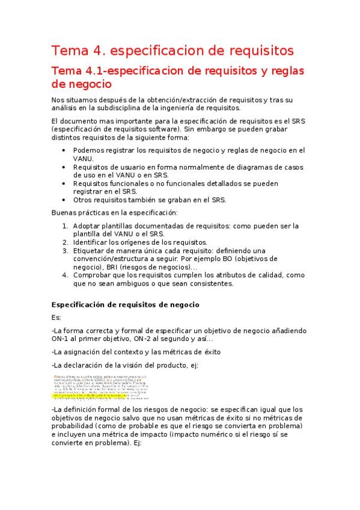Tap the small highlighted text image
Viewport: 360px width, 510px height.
pyautogui.click(x=101, y=386)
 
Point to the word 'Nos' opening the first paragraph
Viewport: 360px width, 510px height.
pyautogui.click(x=58, y=99)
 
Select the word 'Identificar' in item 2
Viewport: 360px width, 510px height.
pyautogui.click(x=91, y=242)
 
